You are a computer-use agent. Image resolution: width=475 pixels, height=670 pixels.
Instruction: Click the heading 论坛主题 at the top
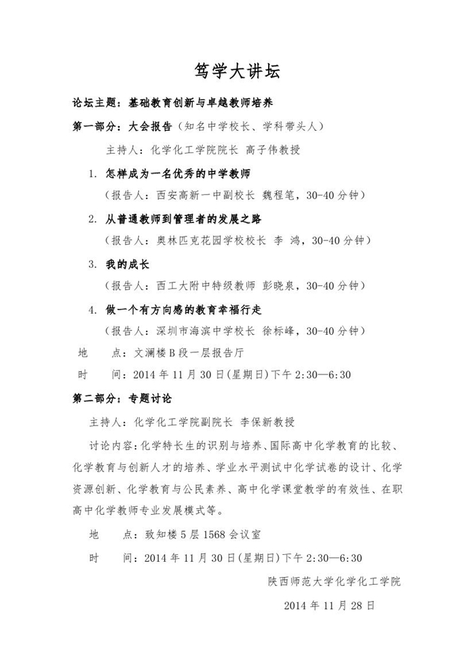coord(96,104)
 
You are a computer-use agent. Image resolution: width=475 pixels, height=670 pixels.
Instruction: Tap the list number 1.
coord(93,173)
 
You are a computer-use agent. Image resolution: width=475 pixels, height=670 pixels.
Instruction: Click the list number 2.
coord(93,219)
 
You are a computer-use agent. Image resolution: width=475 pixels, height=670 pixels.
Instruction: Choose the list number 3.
coord(93,264)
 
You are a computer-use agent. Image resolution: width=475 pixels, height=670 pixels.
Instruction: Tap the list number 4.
coord(93,309)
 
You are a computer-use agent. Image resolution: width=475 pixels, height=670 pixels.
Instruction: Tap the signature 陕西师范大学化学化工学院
coord(335,581)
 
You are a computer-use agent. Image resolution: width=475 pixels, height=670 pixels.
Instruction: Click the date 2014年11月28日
coord(329,604)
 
